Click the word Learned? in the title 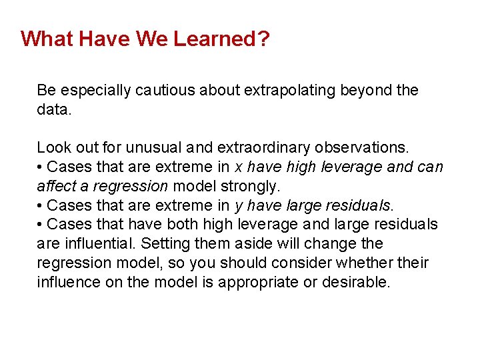click(x=221, y=39)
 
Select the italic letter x click(x=239, y=167)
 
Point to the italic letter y click(x=239, y=205)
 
